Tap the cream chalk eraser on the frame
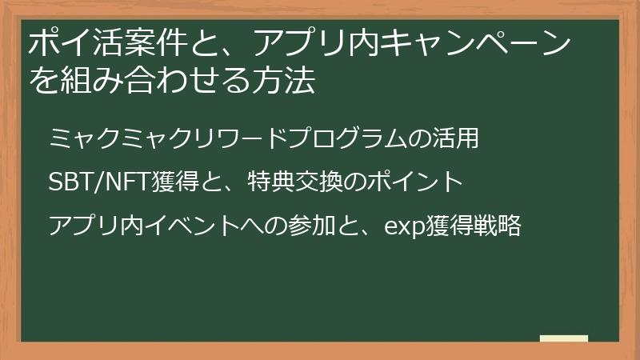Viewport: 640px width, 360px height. click(564, 338)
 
